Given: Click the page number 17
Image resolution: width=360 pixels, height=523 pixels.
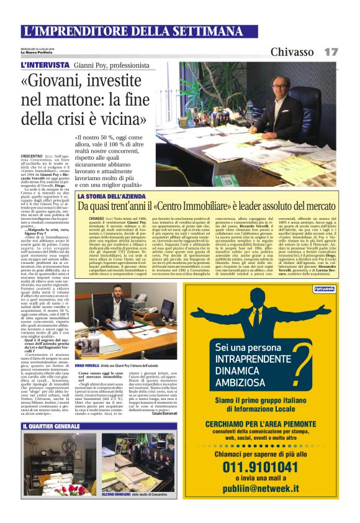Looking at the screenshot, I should click(x=331, y=52).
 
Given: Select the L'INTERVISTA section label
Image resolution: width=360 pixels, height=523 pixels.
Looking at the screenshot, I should click(x=45, y=65).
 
